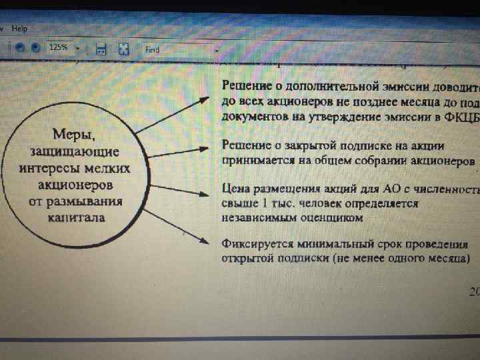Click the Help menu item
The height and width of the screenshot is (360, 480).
19,29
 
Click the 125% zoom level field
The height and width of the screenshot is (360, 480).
59,48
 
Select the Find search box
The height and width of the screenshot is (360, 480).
180,49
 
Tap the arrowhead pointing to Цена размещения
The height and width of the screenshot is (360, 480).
209,194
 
